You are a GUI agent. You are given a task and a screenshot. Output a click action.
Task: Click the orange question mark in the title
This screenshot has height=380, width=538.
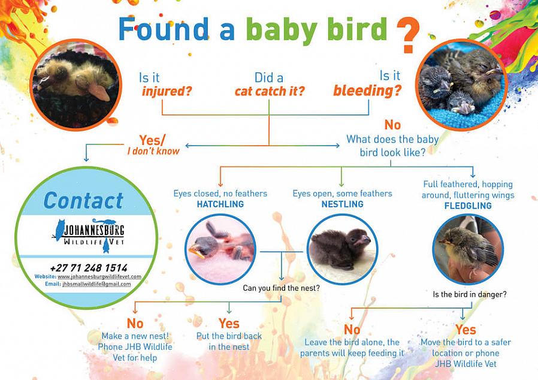pyautogui.click(x=409, y=34)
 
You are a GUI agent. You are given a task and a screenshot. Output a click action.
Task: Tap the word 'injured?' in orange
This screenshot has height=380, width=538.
pyautogui.click(x=167, y=92)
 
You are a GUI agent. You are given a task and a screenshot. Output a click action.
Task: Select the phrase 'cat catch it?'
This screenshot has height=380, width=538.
pyautogui.click(x=270, y=92)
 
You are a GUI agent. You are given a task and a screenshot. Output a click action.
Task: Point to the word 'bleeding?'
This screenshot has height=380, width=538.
pyautogui.click(x=367, y=91)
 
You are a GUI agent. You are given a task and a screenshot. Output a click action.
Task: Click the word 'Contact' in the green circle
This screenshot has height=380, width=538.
pyautogui.click(x=83, y=200)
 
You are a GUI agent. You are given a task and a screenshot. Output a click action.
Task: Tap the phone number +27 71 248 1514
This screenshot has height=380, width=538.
pyautogui.click(x=89, y=268)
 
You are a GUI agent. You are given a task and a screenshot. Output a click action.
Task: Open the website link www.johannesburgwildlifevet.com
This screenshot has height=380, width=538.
pyautogui.click(x=99, y=276)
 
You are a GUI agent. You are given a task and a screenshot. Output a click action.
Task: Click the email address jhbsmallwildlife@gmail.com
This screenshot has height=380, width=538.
pyautogui.click(x=96, y=284)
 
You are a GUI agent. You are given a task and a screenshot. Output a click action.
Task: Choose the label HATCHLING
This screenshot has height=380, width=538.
pyautogui.click(x=220, y=204)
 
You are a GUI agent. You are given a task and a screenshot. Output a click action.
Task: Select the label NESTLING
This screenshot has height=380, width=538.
pyautogui.click(x=341, y=204)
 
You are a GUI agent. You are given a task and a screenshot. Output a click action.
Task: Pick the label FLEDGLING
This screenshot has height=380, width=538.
pyautogui.click(x=468, y=206)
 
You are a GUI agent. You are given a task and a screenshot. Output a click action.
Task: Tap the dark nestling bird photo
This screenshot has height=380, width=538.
pyautogui.click(x=342, y=247)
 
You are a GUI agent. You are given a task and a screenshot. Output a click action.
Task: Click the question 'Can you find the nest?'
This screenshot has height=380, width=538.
pyautogui.click(x=281, y=288)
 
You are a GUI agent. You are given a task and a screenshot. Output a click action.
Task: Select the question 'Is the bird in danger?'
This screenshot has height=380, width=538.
pyautogui.click(x=470, y=294)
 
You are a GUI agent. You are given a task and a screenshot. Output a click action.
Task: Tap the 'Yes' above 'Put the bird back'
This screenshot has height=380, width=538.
pyautogui.click(x=229, y=324)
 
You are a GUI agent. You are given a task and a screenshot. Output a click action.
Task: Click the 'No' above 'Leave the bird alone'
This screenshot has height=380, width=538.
pyautogui.click(x=352, y=330)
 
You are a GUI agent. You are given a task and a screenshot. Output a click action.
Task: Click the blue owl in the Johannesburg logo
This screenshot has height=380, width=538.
pyautogui.click(x=59, y=229)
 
